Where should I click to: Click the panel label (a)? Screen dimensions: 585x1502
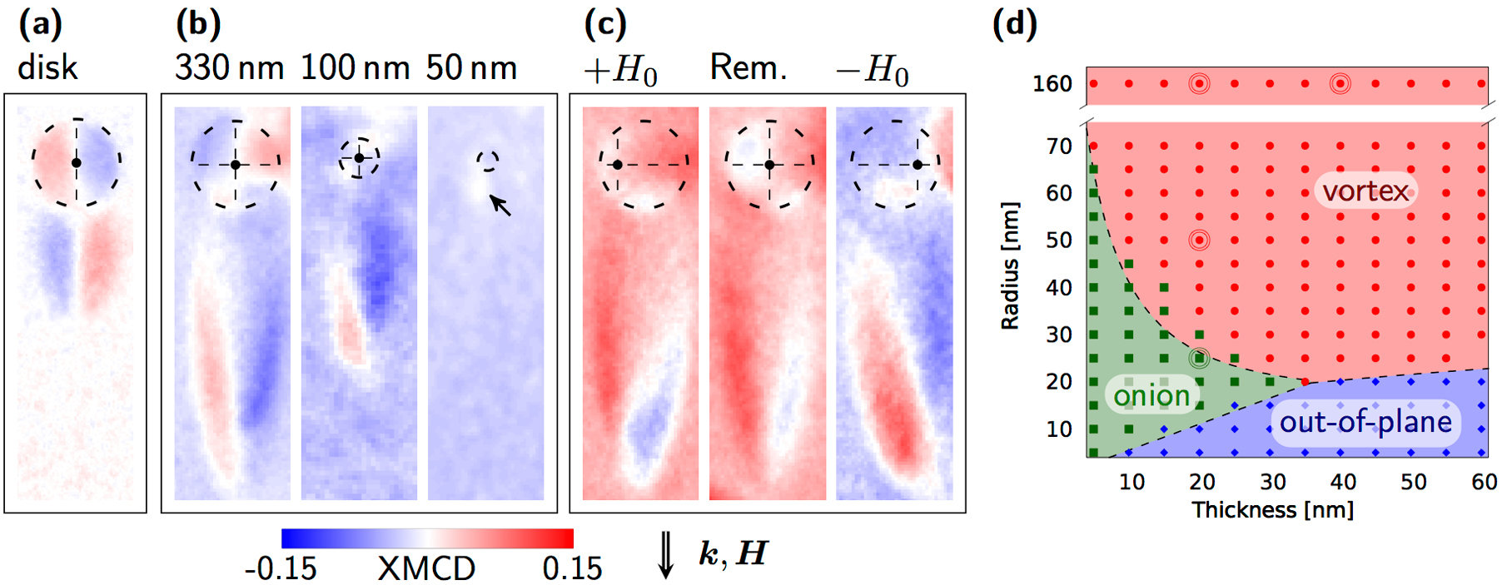(x=40, y=25)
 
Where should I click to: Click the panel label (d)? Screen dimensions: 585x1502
(x=1014, y=25)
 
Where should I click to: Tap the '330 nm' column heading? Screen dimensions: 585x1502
(x=230, y=67)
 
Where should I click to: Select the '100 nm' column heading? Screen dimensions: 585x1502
(x=356, y=67)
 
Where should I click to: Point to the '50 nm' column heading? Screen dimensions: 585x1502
(x=471, y=67)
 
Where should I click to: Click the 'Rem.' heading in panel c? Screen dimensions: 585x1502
(x=748, y=67)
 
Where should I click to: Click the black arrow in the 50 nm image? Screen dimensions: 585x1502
(x=500, y=205)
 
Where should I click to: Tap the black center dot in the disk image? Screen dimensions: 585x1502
(x=77, y=163)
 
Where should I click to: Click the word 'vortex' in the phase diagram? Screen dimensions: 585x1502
(x=1365, y=191)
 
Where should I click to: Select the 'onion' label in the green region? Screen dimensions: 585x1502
(x=1151, y=395)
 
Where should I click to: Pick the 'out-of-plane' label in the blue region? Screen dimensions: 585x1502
(x=1365, y=422)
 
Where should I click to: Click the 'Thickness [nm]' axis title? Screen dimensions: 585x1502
(x=1272, y=510)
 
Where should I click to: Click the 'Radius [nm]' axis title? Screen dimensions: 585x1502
(x=1010, y=265)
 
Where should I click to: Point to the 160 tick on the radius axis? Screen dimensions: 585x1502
(x=1052, y=84)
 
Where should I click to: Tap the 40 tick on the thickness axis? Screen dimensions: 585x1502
(x=1342, y=482)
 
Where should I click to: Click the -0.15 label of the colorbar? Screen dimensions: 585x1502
(x=281, y=568)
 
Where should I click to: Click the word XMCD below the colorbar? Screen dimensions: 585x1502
(x=426, y=568)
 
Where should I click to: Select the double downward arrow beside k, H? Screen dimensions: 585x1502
(x=666, y=554)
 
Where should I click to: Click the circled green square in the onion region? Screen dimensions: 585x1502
(x=1199, y=359)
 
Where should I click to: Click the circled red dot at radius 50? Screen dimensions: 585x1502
(x=1199, y=240)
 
